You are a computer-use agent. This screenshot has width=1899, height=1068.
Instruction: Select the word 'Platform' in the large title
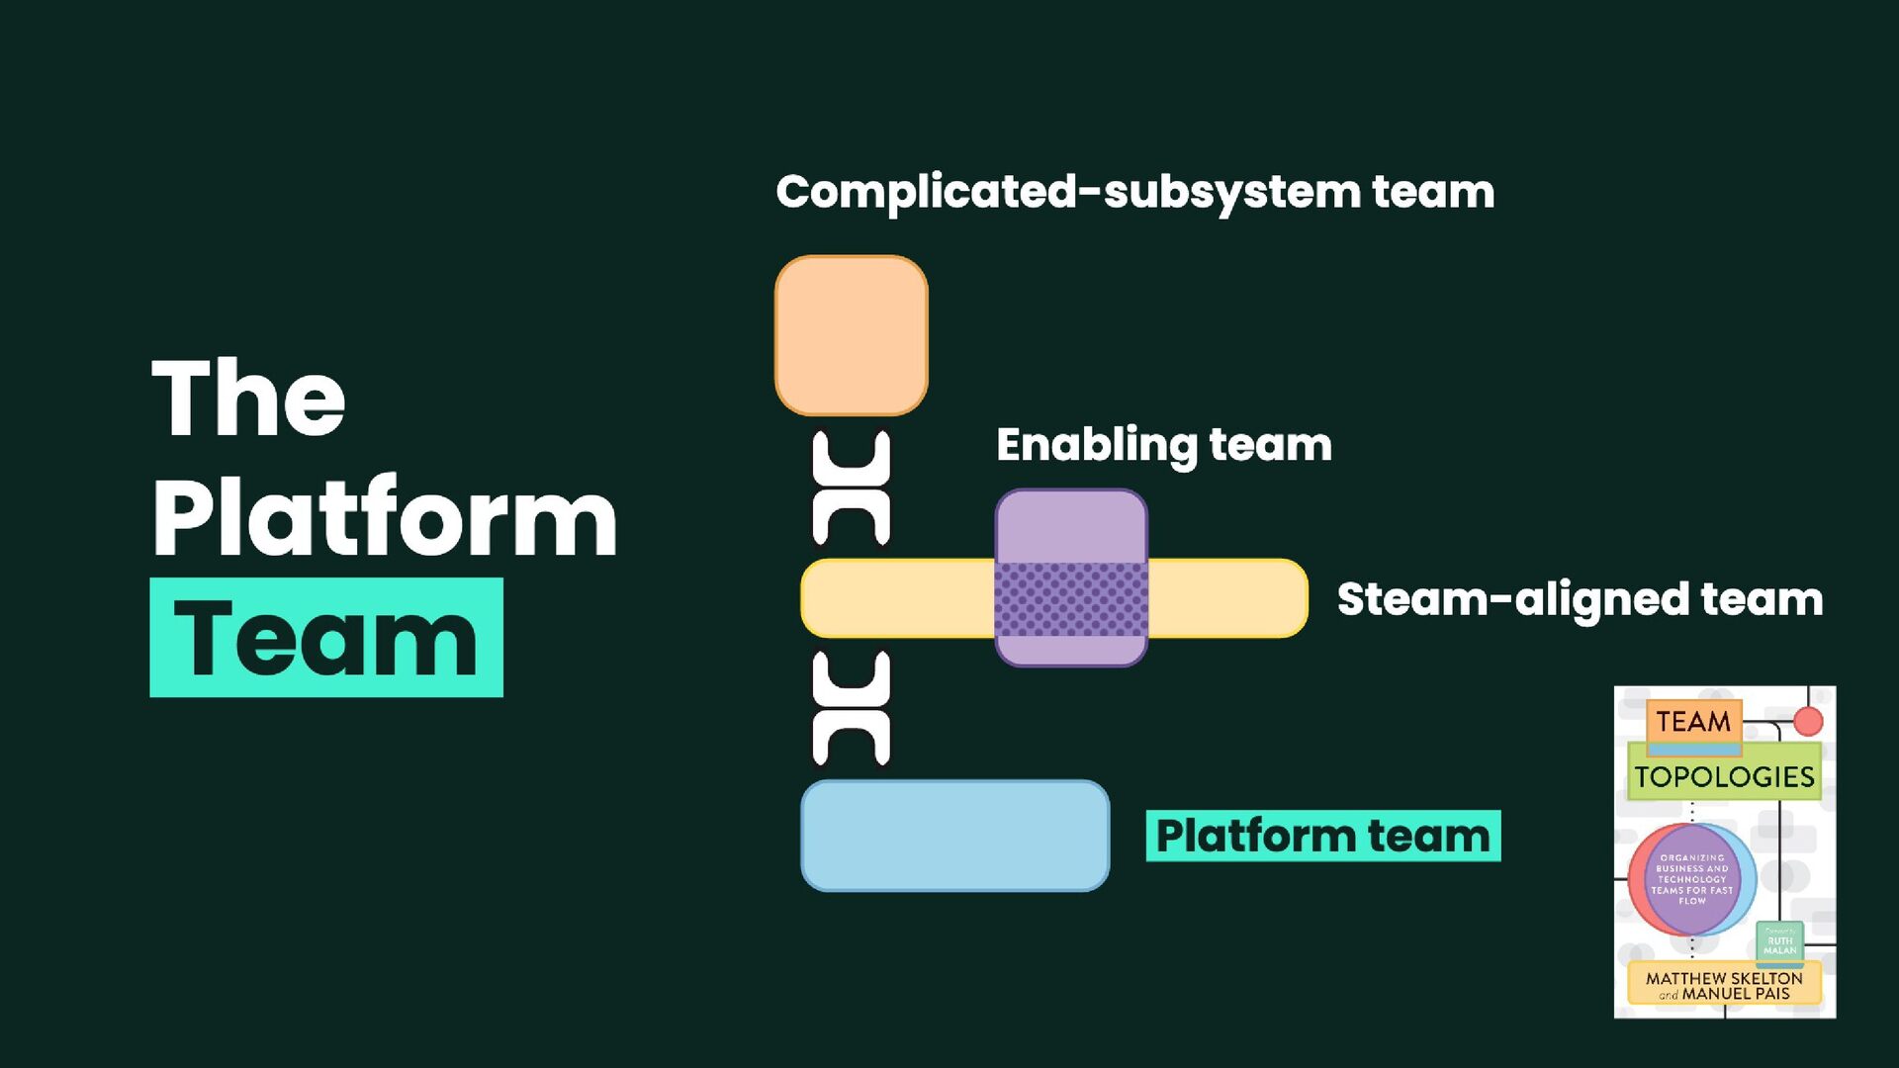[385, 516]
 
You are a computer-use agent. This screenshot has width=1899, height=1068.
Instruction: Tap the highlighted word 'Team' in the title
[326, 639]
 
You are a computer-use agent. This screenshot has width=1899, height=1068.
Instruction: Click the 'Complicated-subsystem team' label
[1134, 192]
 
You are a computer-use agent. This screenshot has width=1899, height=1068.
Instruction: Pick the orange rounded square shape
[851, 335]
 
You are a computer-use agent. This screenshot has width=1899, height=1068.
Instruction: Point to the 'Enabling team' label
[1164, 445]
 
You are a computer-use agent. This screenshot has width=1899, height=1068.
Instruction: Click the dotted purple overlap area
[1071, 598]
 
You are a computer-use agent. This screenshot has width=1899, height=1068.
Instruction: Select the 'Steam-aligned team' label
[1580, 599]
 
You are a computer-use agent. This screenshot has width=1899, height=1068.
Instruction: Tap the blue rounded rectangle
[954, 836]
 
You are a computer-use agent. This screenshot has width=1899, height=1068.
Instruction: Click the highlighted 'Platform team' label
[1322, 836]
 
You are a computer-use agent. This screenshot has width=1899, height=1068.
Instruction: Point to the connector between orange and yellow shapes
[851, 488]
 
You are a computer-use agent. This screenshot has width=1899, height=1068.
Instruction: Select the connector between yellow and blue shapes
[851, 708]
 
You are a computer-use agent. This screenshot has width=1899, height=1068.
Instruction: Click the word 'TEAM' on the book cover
[1693, 722]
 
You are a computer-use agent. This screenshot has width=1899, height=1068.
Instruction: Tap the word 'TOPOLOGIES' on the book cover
[1724, 777]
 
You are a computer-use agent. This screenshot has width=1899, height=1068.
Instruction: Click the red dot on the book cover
[1808, 722]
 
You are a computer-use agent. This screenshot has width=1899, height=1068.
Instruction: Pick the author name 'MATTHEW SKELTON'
[1724, 977]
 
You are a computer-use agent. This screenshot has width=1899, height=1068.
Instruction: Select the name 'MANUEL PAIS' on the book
[1736, 994]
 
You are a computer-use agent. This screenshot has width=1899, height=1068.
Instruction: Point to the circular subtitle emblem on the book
[1691, 879]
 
